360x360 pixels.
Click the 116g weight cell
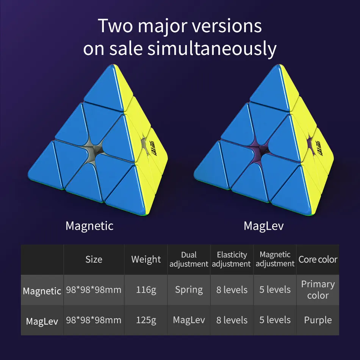coord(146,290)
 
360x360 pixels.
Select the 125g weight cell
coord(146,320)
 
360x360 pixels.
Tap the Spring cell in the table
coord(189,290)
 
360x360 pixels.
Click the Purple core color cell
coord(318,320)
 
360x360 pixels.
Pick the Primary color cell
coord(318,290)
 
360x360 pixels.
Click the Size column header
coord(94,260)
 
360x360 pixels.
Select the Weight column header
coord(146,260)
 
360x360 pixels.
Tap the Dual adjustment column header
coord(189,260)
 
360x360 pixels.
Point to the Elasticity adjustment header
coord(232,260)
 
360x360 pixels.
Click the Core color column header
coord(318,260)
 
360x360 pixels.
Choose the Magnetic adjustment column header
coord(275,260)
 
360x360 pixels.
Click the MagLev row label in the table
coord(42,322)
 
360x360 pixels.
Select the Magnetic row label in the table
coord(42,291)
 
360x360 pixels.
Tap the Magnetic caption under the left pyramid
coord(89,226)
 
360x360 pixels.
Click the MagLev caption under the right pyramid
coord(263,226)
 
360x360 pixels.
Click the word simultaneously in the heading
coord(212,49)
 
